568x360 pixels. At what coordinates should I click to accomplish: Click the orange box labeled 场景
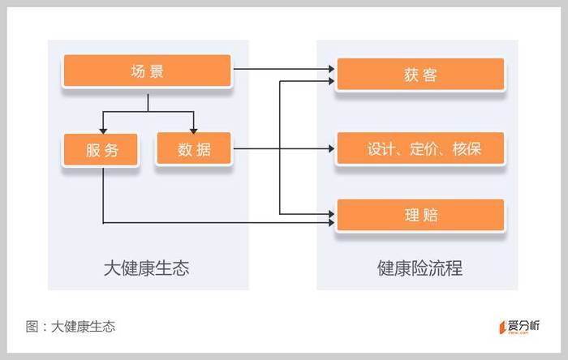click(x=147, y=71)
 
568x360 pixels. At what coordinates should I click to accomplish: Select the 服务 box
click(x=101, y=149)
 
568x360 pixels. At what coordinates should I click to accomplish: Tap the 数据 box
click(x=193, y=148)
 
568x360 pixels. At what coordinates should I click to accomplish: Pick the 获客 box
click(x=420, y=74)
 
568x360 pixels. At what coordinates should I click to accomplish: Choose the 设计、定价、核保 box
click(x=420, y=148)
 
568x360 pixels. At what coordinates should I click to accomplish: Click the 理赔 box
click(x=420, y=215)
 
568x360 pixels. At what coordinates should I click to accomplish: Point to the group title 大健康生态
click(x=146, y=268)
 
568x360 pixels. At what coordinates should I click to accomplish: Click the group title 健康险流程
click(x=420, y=268)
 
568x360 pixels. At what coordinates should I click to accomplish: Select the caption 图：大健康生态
click(x=71, y=327)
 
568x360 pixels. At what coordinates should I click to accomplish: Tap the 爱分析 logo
click(x=519, y=327)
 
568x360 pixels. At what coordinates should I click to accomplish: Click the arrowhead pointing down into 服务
click(x=103, y=131)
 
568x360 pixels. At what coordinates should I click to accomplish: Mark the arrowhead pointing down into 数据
click(x=193, y=131)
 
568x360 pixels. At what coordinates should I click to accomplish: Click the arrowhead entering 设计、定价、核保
click(x=331, y=148)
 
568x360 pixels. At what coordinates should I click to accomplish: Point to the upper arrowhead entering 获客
click(x=331, y=68)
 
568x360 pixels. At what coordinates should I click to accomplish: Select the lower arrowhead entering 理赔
click(x=331, y=222)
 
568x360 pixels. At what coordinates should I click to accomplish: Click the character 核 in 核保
click(x=459, y=148)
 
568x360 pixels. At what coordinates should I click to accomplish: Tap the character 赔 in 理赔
click(x=430, y=216)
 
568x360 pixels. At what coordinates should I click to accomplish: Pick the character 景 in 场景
click(x=157, y=71)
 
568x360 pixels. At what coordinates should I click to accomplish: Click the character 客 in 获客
click(x=430, y=75)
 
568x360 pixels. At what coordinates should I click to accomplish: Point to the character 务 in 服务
click(x=111, y=150)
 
